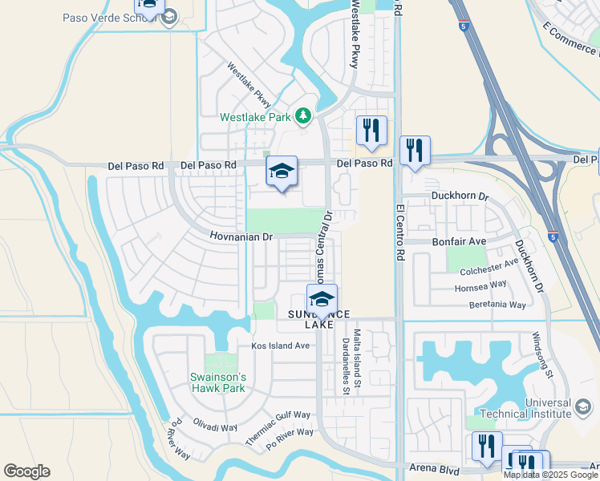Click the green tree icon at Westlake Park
pos(302,117)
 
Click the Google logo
pos(26,471)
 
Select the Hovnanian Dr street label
pos(242,237)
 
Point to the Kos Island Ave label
pos(280,346)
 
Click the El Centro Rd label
pos(399,232)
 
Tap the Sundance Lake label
pos(314,318)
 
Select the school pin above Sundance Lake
pos(322,300)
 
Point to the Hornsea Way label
pos(481,285)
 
